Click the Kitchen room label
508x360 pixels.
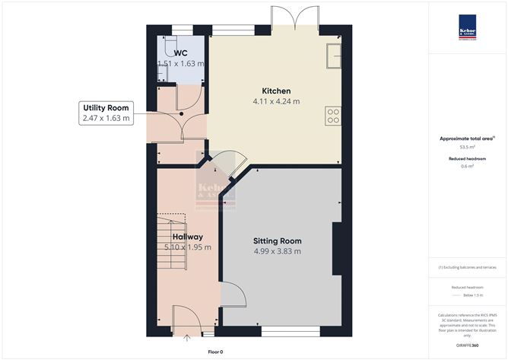tap(276, 91)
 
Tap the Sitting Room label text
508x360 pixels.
tap(277, 240)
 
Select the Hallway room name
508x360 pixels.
tap(187, 237)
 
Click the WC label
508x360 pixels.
tap(181, 53)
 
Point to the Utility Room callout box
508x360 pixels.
tap(106, 113)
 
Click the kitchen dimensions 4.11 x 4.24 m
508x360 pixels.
tap(276, 101)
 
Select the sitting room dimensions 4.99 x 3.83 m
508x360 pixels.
tap(277, 251)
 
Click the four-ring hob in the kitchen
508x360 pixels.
tap(332, 116)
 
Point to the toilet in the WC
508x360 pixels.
tap(161, 71)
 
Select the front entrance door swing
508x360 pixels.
tap(185, 315)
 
